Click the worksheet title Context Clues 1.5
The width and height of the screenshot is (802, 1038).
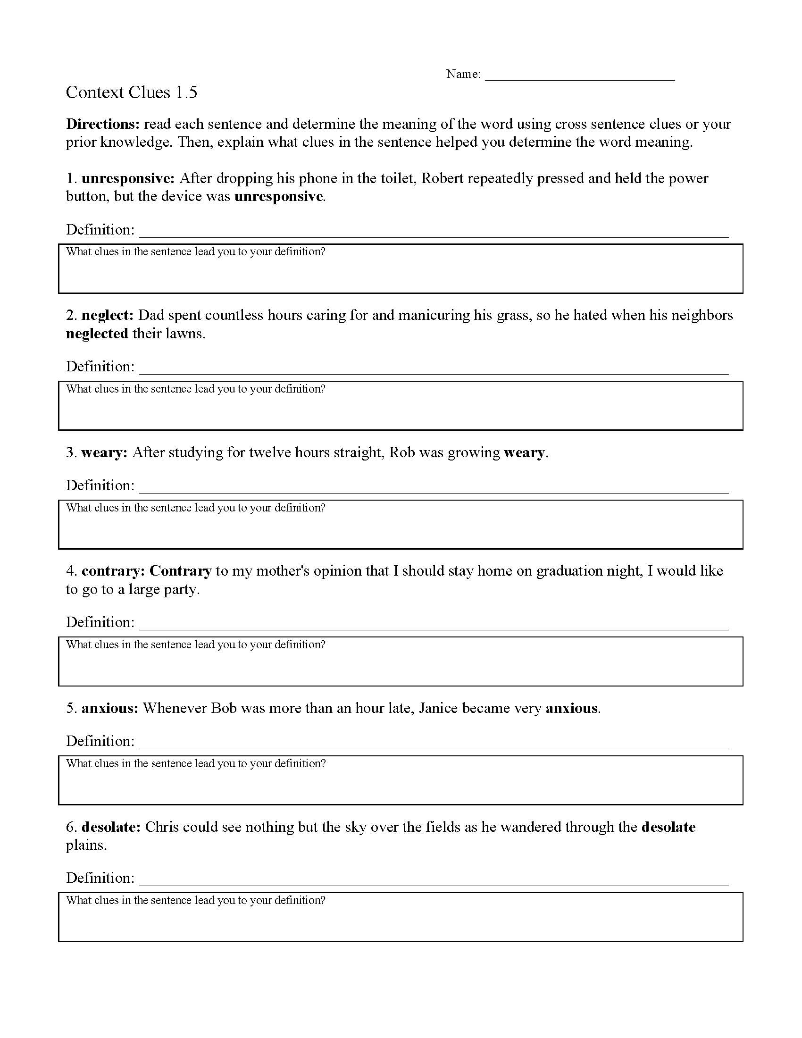(x=131, y=92)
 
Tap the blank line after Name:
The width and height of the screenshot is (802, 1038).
(x=579, y=76)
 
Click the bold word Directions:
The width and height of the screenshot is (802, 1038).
(x=103, y=124)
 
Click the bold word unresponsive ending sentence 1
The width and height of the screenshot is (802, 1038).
(x=278, y=197)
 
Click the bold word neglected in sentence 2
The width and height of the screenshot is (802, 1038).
(x=97, y=334)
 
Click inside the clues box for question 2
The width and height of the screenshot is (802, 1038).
(x=401, y=411)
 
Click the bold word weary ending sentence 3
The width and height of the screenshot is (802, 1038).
(x=524, y=452)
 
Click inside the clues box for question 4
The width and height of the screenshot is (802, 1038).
(x=401, y=667)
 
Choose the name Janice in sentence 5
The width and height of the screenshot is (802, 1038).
(x=438, y=708)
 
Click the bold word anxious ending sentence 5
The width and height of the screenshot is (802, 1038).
(x=571, y=708)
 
